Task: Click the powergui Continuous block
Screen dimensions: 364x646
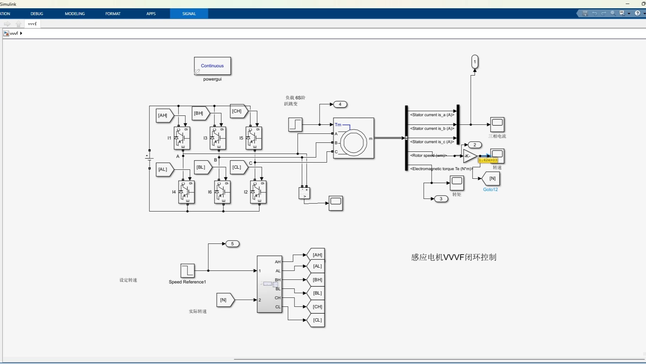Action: point(212,66)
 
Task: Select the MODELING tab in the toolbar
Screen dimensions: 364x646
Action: point(75,14)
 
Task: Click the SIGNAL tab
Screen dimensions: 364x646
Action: point(189,14)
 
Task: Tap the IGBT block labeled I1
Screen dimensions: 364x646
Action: point(182,138)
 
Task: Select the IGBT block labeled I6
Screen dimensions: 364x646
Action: point(222,192)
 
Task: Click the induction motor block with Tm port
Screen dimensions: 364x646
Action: point(353,138)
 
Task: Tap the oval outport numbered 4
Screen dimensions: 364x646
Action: point(340,104)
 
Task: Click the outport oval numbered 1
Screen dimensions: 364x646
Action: point(474,62)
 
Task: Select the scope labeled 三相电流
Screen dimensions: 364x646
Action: point(497,124)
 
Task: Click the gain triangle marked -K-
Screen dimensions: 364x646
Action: point(469,156)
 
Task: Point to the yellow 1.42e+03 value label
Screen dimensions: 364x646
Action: point(488,160)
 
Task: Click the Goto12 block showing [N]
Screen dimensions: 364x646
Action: point(491,178)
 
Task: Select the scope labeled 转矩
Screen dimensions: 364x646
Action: point(457,183)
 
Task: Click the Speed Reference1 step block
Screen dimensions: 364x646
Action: point(187,270)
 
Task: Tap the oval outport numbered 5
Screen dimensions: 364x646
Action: point(232,244)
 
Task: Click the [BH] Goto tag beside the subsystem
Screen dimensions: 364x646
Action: point(316,279)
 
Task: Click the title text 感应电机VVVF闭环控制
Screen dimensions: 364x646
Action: point(454,257)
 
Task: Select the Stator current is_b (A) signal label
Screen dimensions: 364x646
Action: point(432,128)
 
